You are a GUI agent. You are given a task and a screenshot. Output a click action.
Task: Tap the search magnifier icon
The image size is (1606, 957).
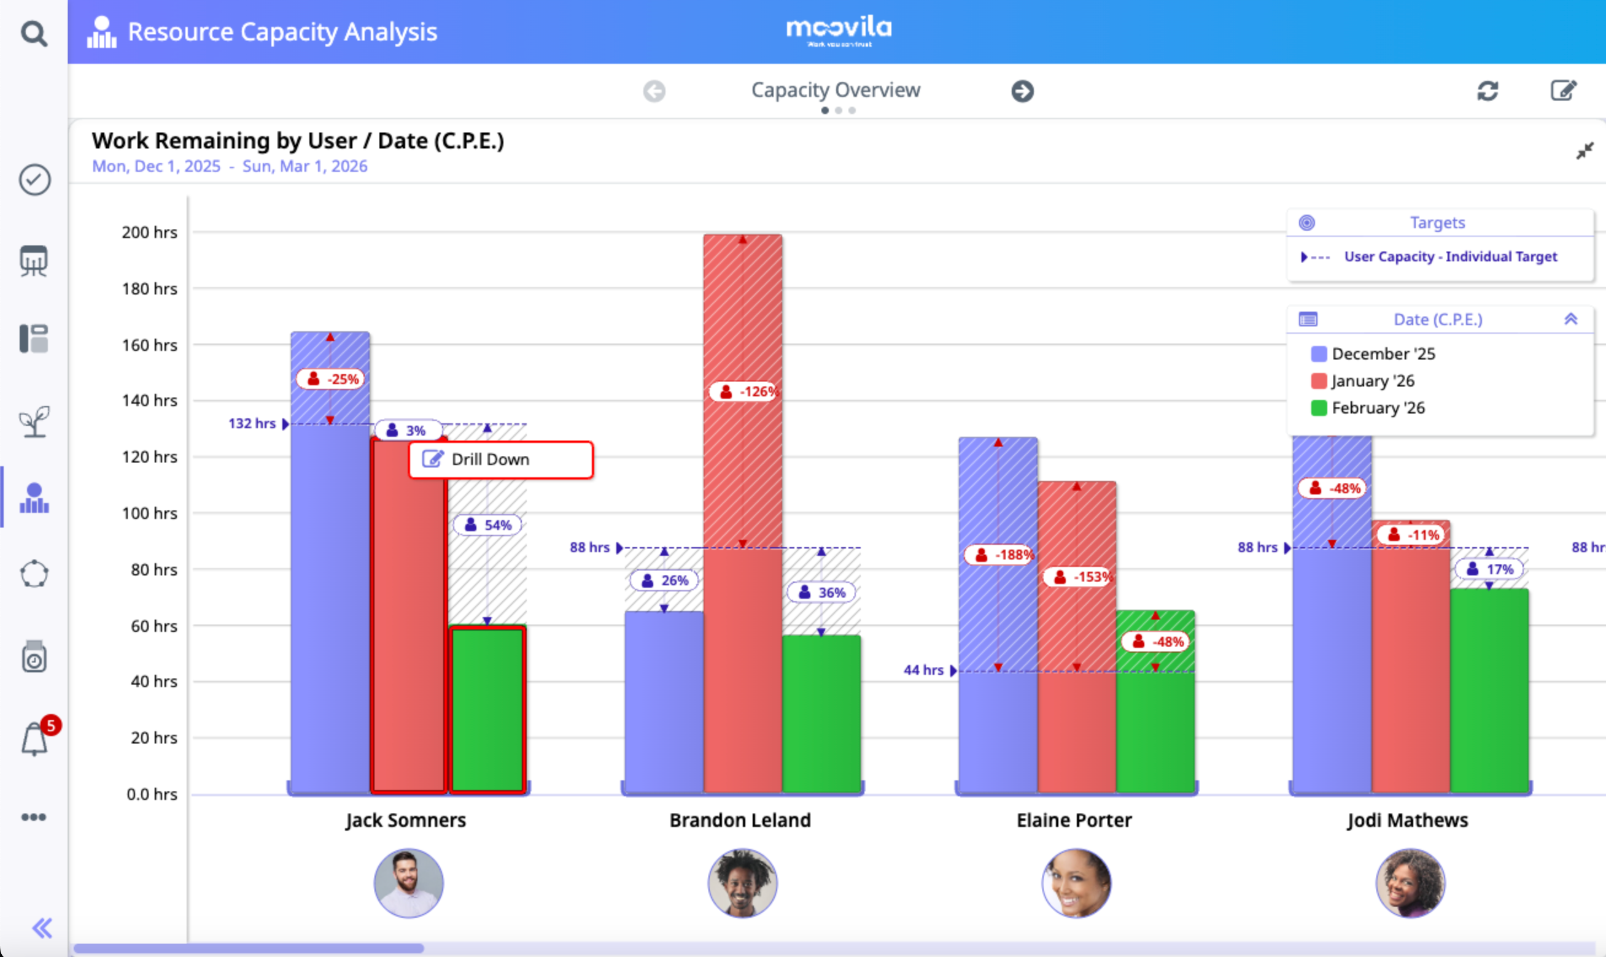point(34,33)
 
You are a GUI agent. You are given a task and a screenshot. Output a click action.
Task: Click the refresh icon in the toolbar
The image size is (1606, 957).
point(1488,91)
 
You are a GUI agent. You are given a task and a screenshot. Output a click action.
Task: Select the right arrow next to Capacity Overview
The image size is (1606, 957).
point(1022,91)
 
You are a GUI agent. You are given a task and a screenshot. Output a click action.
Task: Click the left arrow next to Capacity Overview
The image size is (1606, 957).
point(654,91)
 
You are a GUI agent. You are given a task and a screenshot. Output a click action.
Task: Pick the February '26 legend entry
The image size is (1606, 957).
point(1378,408)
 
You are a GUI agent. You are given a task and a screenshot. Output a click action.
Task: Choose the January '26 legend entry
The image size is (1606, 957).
point(1373,381)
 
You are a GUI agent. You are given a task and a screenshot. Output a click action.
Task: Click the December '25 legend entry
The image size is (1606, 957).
point(1383,354)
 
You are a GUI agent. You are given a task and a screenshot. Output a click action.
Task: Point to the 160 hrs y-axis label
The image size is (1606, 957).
point(149,345)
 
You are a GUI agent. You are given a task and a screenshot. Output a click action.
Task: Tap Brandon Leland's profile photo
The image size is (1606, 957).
point(742,883)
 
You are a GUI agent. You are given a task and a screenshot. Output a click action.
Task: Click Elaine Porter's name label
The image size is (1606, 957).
point(1074,820)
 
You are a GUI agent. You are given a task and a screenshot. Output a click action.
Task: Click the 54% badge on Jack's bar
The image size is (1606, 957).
point(488,525)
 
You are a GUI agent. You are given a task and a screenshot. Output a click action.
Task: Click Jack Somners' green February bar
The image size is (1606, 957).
point(487,709)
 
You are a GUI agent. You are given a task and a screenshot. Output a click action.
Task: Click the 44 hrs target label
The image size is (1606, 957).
point(923,670)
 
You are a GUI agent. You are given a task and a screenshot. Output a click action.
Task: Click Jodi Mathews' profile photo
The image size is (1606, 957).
point(1410,883)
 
